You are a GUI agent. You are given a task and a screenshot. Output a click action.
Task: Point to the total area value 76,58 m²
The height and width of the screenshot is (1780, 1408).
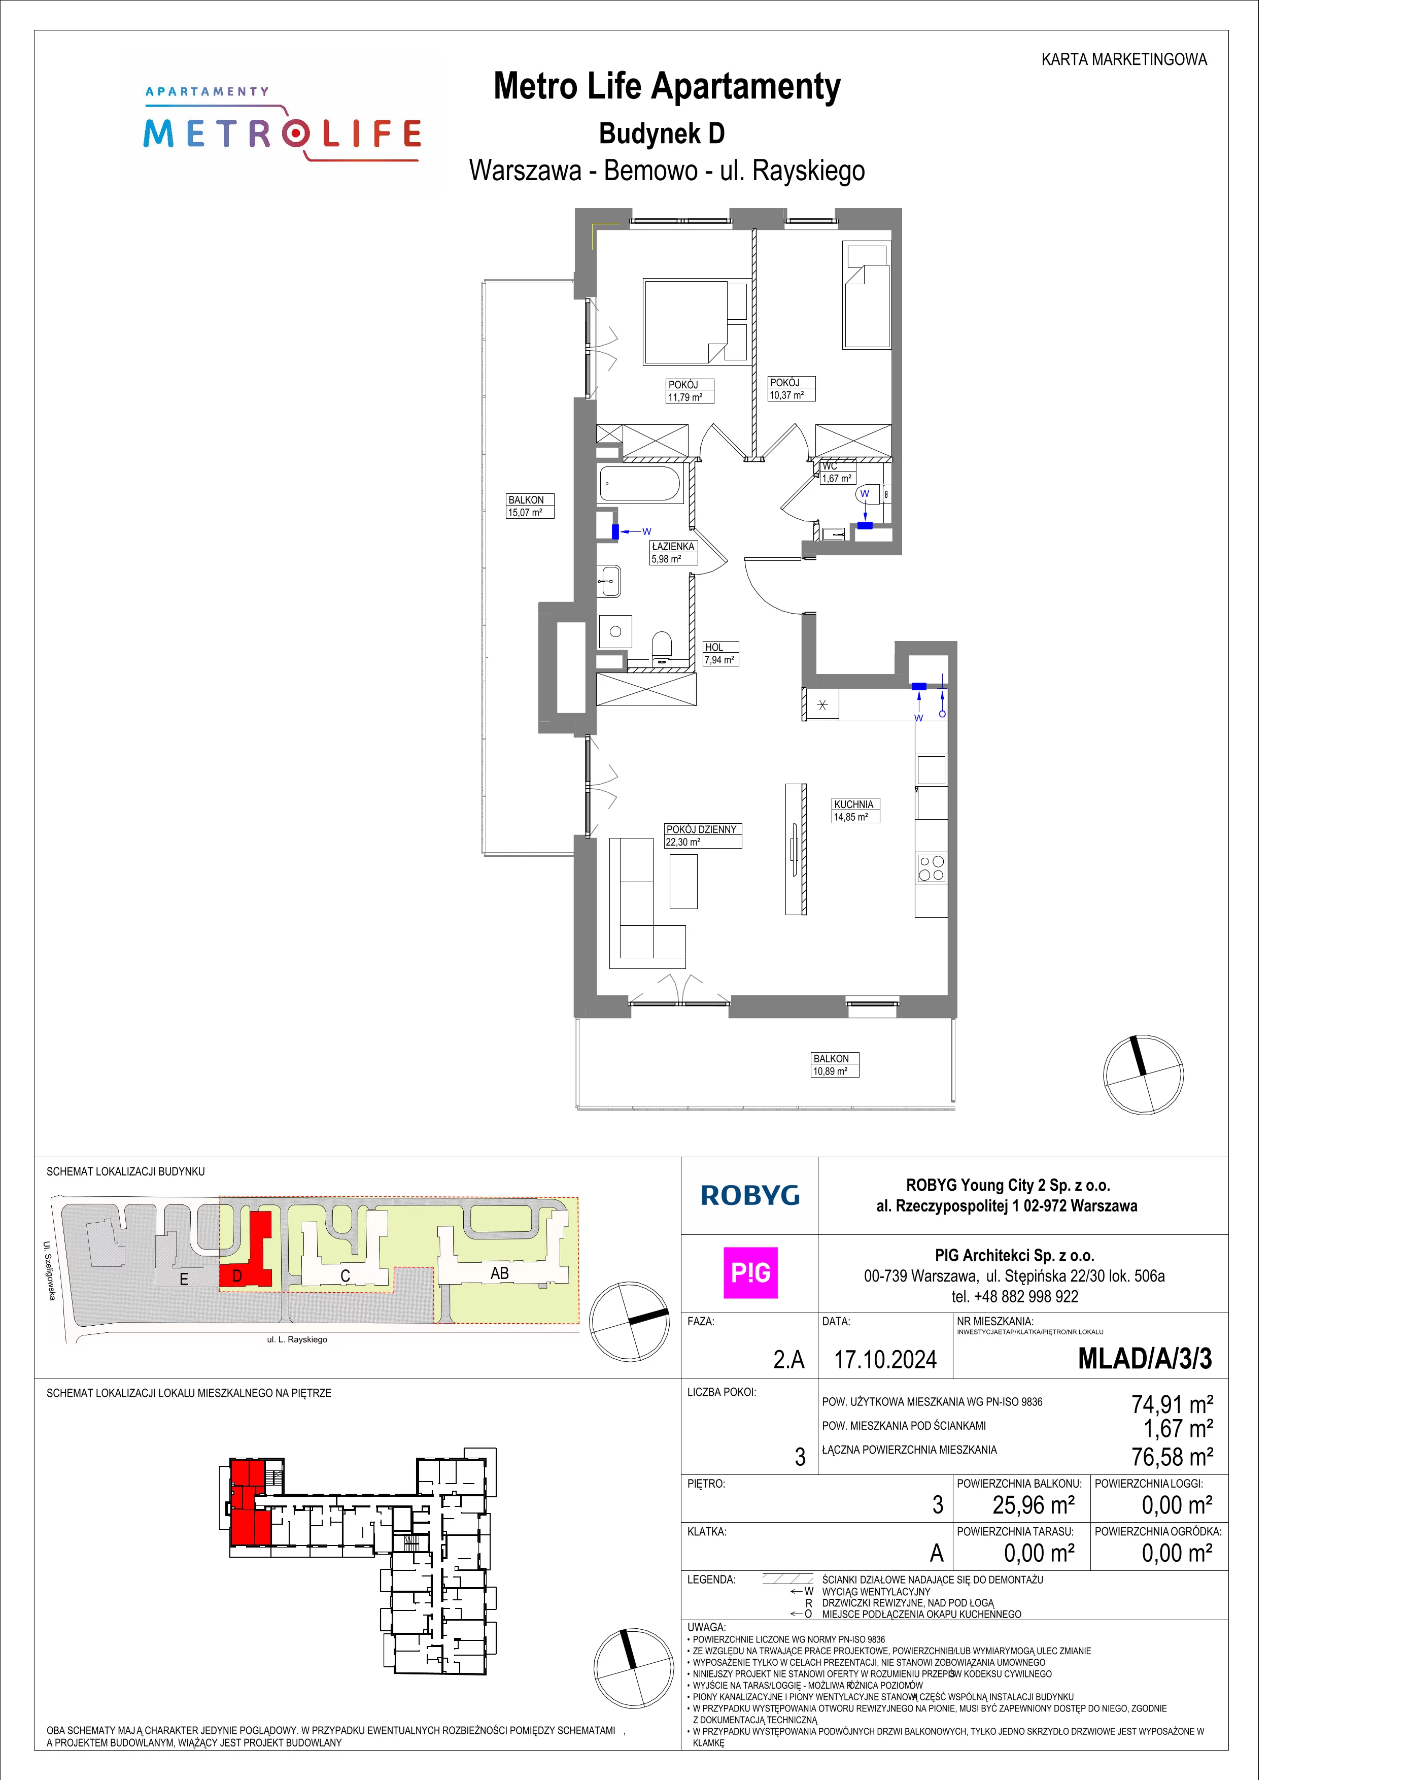coord(1172,1457)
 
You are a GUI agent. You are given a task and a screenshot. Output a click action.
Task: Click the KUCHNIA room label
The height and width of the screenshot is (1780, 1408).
coord(853,804)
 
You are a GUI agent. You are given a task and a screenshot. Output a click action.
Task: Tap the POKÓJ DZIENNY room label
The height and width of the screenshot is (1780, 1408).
coord(702,829)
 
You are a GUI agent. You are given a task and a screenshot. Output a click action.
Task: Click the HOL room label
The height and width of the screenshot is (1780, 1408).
coord(714,647)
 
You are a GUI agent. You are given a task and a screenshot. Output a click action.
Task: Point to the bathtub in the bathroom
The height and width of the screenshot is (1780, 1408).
coord(640,484)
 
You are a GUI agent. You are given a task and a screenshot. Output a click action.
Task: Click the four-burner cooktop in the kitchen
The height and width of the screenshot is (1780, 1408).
coord(932,868)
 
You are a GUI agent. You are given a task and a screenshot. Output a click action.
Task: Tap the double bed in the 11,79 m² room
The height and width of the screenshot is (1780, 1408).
coord(696,322)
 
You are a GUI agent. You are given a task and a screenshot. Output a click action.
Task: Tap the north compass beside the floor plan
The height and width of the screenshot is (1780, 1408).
coord(1143,1074)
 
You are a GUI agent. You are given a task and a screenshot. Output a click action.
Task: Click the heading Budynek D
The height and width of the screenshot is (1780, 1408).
coord(662,133)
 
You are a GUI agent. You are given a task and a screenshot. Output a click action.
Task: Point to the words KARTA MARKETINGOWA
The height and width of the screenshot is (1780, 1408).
coord(1124,59)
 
